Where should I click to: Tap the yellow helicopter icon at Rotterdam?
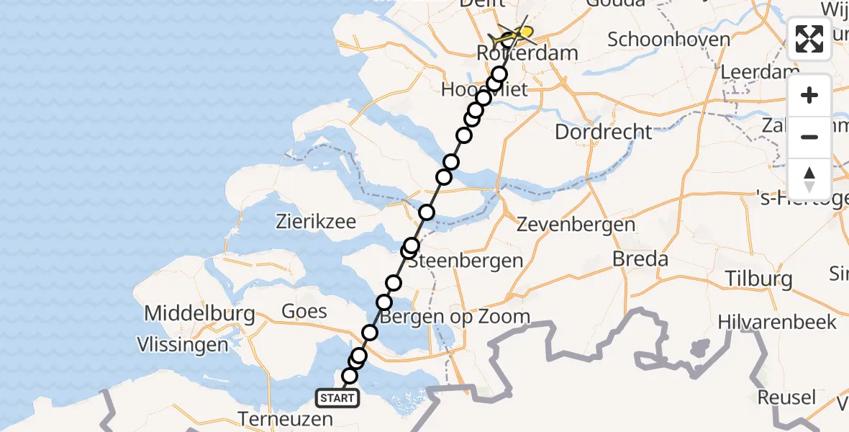point(515,33)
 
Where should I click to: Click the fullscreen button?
point(809,39)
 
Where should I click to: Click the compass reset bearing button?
point(809,179)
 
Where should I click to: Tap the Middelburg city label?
point(199,314)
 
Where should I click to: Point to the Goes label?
point(305,312)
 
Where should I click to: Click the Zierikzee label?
point(316,222)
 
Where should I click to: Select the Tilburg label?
point(758,279)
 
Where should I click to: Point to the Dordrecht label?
point(604,132)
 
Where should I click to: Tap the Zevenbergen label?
point(576,225)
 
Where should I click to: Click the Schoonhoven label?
point(668,39)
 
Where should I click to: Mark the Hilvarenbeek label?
point(777,322)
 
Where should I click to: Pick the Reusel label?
point(786,397)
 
